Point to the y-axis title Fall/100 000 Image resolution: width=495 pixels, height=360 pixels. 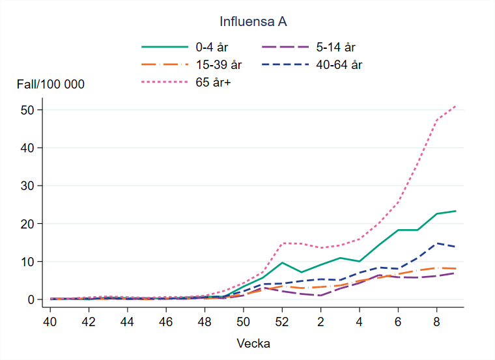point(51,84)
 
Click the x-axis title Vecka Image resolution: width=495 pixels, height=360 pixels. point(254,343)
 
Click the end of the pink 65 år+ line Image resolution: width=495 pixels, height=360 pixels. point(455,105)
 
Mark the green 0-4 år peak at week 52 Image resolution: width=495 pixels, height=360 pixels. point(282,262)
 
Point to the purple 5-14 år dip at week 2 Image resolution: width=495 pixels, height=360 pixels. point(320,296)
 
